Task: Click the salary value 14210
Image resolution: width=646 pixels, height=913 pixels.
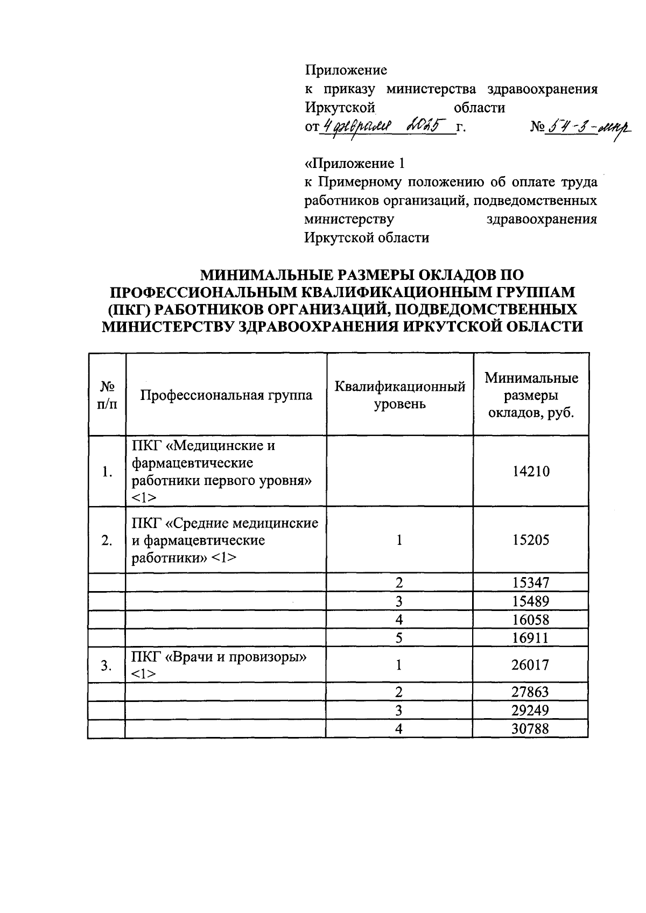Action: [531, 472]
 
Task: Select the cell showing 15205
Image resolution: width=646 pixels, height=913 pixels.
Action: [531, 540]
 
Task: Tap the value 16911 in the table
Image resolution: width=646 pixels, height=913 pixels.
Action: [531, 638]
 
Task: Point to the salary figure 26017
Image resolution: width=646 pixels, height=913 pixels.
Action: [531, 665]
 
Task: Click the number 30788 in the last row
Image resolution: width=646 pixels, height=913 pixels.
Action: [531, 729]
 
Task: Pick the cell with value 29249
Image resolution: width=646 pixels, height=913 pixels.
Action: [531, 711]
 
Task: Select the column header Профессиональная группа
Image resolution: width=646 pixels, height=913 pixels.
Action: [226, 395]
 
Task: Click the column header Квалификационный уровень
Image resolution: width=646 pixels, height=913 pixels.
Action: [399, 395]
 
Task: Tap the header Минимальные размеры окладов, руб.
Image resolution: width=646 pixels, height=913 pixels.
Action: [531, 395]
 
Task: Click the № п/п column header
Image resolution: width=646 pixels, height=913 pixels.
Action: [107, 395]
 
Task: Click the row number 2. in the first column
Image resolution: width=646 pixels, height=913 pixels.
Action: [107, 540]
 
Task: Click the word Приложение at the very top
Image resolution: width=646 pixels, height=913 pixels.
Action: [346, 71]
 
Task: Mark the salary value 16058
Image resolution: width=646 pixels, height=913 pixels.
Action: [531, 620]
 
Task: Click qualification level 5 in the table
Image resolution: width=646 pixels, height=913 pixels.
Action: [399, 638]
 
